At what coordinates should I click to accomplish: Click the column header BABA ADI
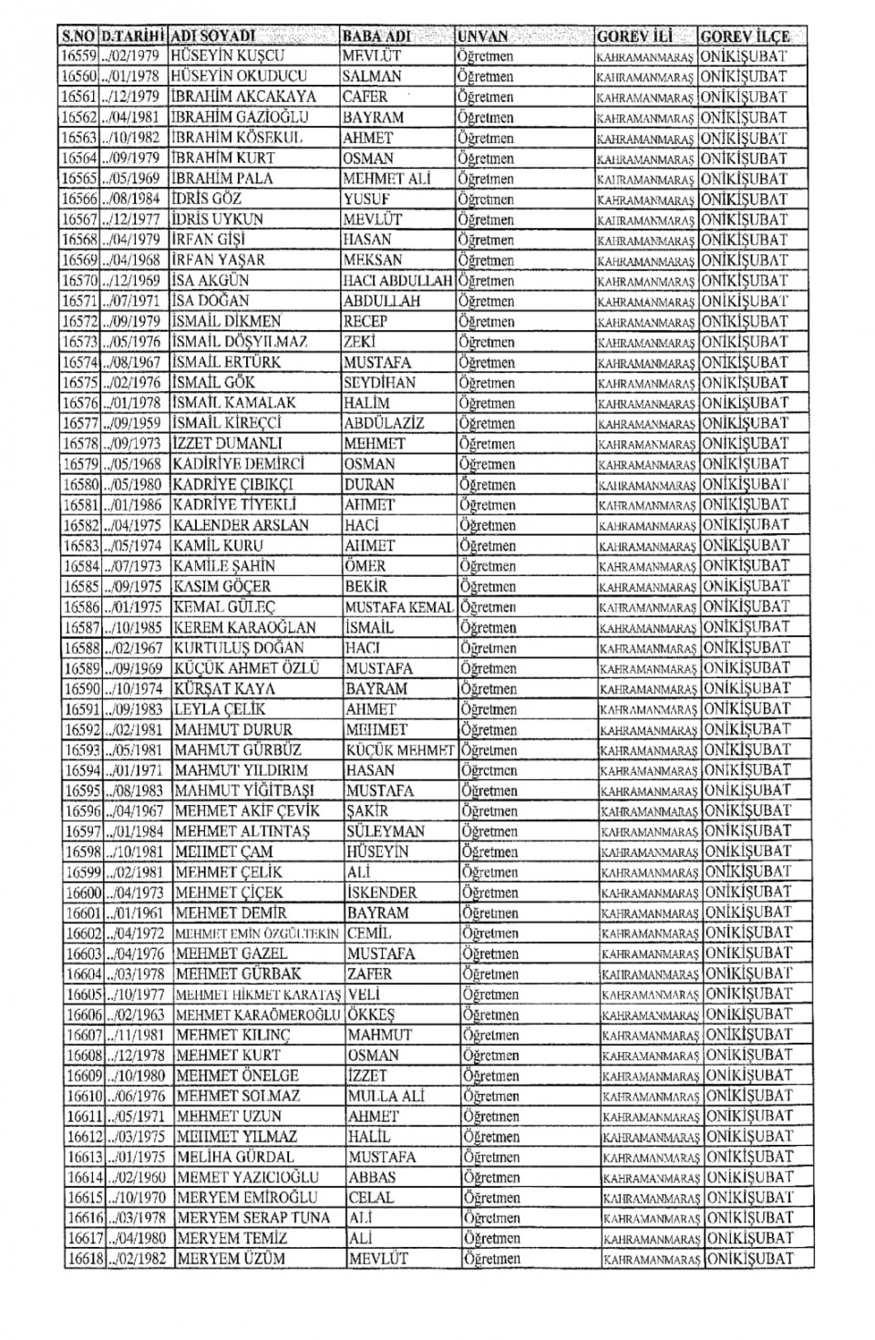pos(376,36)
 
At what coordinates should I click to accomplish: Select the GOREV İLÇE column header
pos(744,36)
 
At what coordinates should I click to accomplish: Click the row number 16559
pos(78,56)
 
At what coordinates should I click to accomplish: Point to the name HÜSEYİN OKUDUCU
pos(239,77)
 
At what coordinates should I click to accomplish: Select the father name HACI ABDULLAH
pos(397,281)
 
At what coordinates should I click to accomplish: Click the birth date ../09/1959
pos(133,424)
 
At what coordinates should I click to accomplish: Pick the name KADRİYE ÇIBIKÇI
pos(233,485)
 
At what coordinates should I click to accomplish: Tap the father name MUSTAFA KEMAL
pos(399,608)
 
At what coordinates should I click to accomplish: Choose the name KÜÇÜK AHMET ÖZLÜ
pos(246,668)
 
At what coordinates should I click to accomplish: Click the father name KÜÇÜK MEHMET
pos(400,751)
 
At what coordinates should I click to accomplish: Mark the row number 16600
pos(83,893)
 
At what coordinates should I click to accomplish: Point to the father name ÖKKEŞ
pos(371,1015)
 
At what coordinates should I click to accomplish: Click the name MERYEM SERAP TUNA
pos(253,1219)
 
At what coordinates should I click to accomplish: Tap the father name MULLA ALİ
pos(386,1097)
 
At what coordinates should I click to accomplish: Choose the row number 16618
pos(86,1259)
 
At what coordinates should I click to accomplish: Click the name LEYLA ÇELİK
pos(220,709)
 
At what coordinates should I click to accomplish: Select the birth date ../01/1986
pos(135,505)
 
